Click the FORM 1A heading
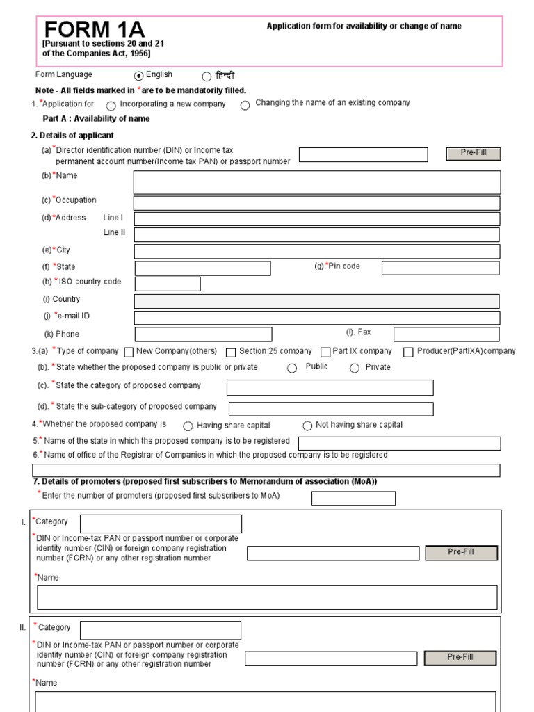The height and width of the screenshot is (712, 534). click(x=95, y=31)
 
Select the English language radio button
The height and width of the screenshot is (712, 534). click(x=138, y=76)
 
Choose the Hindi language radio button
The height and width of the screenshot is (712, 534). click(x=207, y=77)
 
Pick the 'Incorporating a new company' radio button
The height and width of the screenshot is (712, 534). click(x=111, y=106)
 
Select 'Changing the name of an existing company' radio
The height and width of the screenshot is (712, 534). click(x=245, y=106)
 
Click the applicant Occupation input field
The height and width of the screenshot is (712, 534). click(x=316, y=203)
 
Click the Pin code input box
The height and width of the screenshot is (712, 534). click(x=440, y=268)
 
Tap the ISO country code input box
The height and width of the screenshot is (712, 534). click(x=168, y=284)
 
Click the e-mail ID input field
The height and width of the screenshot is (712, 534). click(x=316, y=318)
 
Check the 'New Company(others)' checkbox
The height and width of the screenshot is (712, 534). click(x=129, y=353)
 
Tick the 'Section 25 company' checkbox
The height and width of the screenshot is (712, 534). click(x=232, y=353)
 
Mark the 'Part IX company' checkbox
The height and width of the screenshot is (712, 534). click(x=325, y=353)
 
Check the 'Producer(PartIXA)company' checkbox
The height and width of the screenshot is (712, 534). click(x=409, y=353)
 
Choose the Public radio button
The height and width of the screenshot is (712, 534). click(x=292, y=369)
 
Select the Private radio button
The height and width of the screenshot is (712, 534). click(x=355, y=369)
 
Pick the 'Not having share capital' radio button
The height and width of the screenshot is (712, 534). click(x=307, y=426)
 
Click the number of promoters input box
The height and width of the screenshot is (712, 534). click(x=353, y=499)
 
